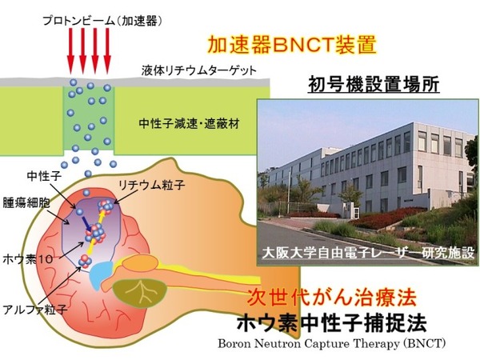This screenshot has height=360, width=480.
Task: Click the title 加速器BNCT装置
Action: [292, 46]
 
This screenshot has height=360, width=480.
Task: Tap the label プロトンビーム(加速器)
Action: [102, 21]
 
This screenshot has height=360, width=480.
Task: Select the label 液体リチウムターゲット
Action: [198, 70]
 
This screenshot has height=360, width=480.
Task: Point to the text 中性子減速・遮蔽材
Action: [189, 124]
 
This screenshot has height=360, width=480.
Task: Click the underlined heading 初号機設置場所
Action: [374, 84]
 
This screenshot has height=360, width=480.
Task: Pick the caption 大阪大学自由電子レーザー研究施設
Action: [368, 253]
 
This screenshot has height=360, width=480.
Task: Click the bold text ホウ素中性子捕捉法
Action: [331, 322]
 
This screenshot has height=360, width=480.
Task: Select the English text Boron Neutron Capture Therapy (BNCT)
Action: [331, 344]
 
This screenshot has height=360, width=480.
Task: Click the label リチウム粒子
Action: [152, 185]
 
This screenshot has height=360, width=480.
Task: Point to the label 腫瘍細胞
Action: [26, 203]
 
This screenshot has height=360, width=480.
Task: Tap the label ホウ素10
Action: [28, 259]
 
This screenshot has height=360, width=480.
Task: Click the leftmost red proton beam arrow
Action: [70, 51]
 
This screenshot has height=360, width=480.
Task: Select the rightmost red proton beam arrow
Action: [107, 51]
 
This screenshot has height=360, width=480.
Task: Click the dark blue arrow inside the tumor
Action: [86, 224]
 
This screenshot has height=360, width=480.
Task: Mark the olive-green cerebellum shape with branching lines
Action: [139, 292]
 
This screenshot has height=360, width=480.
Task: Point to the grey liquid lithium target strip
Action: [134, 82]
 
